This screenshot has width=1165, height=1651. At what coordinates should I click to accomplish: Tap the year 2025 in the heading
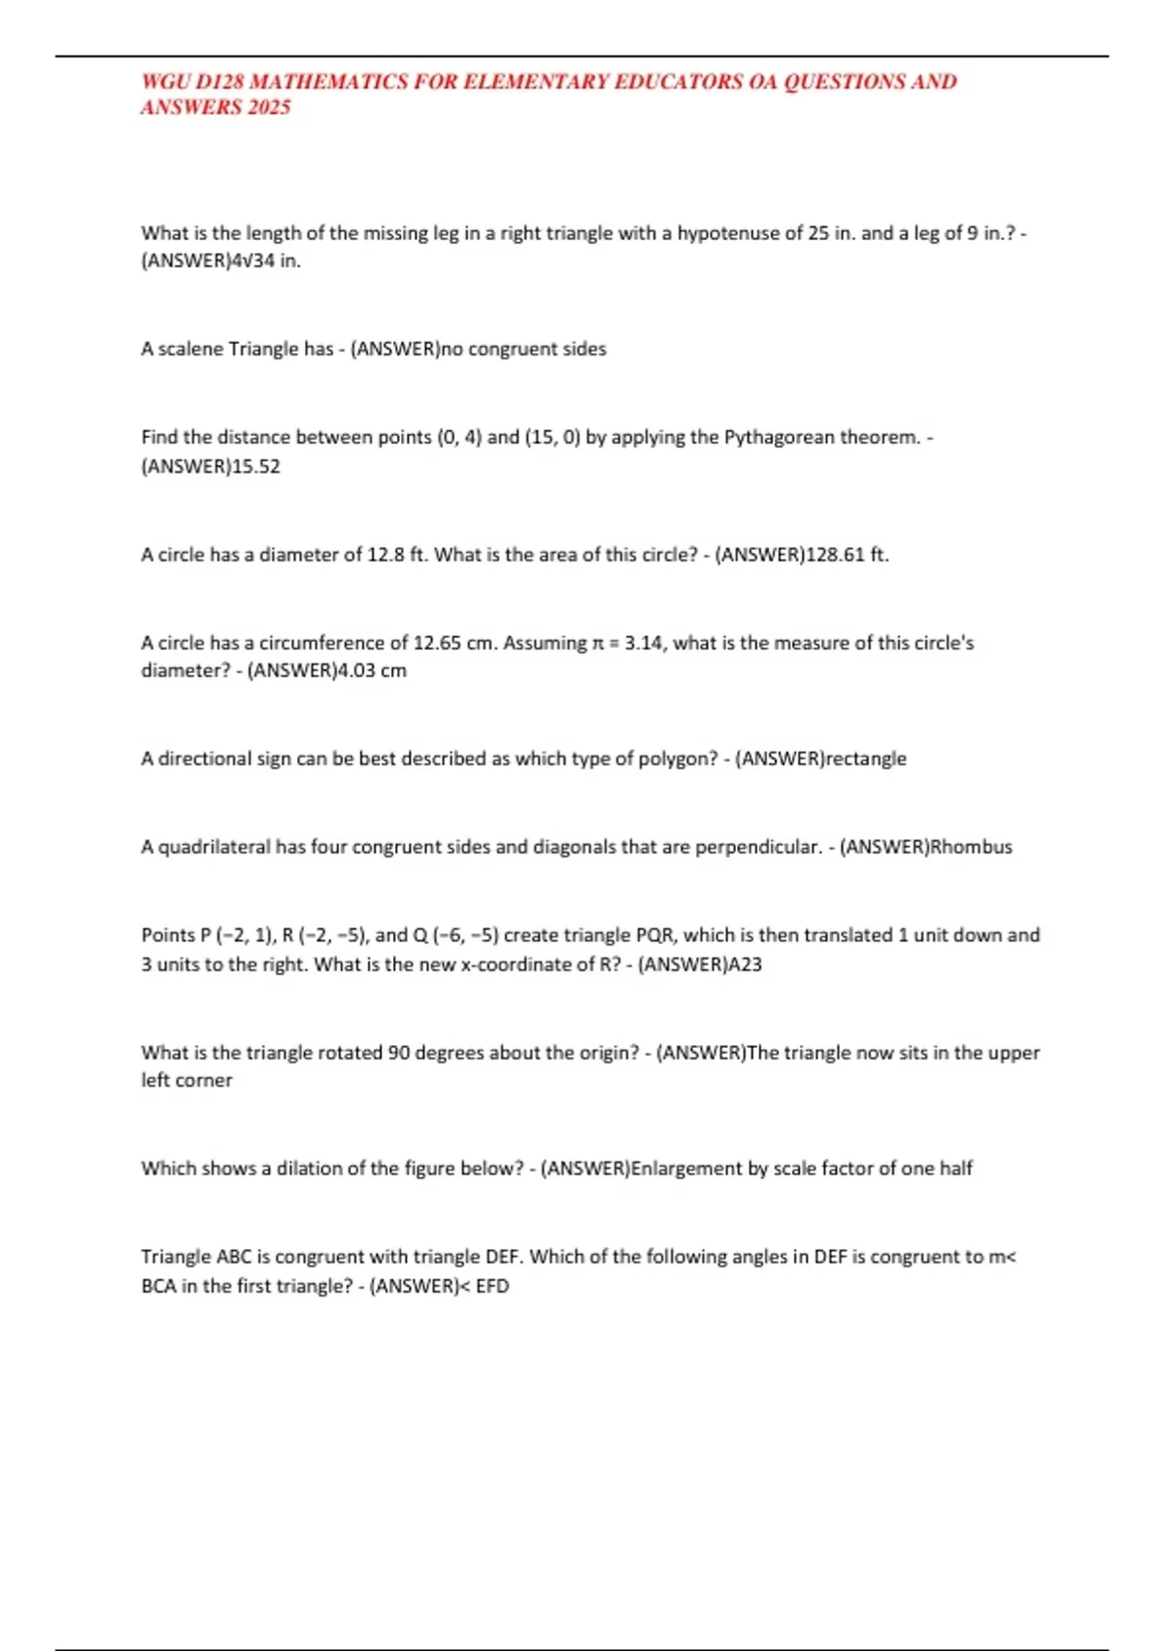click(269, 107)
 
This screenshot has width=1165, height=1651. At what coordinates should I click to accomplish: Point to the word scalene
click(189, 349)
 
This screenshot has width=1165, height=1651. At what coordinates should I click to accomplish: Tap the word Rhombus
click(971, 847)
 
